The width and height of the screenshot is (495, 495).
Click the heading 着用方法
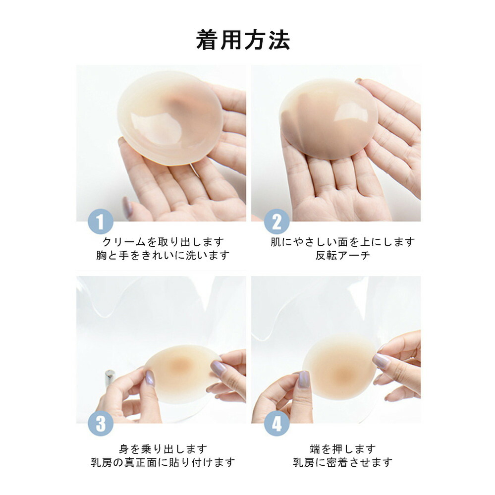243,40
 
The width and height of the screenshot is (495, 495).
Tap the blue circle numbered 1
101,221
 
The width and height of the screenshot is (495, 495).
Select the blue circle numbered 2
276,221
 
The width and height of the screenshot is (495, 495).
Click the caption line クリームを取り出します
163,242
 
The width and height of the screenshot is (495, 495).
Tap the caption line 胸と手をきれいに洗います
163,255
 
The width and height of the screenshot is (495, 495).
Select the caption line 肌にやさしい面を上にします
343,242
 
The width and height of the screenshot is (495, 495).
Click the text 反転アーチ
343,255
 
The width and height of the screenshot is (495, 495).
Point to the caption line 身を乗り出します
163,449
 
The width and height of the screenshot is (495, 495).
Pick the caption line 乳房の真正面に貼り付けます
163,462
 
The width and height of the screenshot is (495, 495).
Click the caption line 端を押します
343,449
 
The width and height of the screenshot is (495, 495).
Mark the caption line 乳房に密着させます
343,462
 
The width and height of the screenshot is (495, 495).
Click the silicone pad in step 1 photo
170,118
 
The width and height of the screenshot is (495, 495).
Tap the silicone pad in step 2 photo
329,118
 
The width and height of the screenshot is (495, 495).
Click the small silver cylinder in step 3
110,377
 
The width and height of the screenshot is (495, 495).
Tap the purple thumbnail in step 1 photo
127,208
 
